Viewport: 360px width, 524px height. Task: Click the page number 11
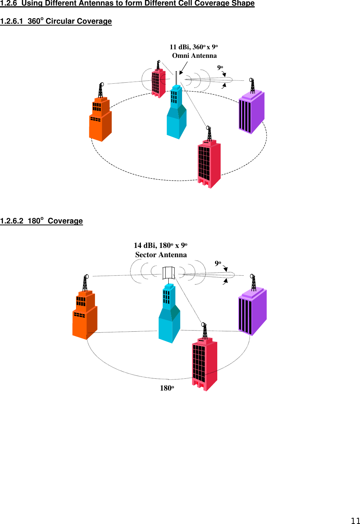tap(355, 520)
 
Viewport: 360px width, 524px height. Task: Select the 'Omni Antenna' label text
tap(194, 56)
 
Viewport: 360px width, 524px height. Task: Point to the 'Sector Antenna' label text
tap(161, 255)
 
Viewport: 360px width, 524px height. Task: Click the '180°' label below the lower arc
tap(167, 388)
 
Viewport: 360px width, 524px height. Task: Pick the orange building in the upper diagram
tap(100, 120)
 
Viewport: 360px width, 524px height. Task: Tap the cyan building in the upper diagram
tap(176, 115)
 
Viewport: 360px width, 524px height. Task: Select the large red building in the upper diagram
tap(209, 163)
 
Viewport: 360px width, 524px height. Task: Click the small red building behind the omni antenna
tap(158, 83)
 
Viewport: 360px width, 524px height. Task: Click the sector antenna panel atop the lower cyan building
tap(169, 273)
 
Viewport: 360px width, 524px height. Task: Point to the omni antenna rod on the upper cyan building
tap(176, 78)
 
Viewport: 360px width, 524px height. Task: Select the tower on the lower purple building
tap(253, 282)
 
